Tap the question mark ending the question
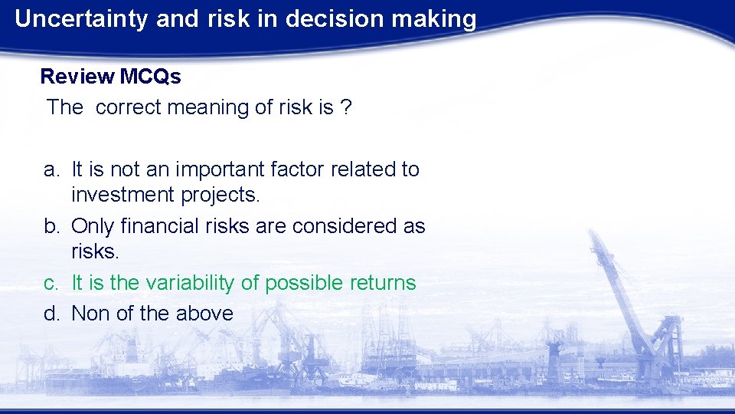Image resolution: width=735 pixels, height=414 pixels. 347,107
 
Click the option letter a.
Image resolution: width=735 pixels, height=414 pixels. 50,169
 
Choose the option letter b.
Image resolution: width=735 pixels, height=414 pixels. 50,226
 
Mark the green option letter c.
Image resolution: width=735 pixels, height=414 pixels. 50,283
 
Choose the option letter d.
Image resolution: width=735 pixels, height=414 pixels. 50,313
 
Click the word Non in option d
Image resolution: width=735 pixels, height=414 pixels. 90,313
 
